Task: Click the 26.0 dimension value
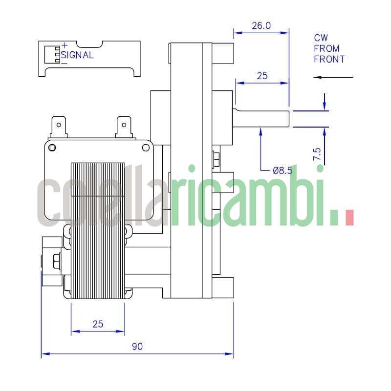point(261,26)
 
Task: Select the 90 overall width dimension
point(137,347)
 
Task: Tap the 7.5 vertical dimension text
point(317,154)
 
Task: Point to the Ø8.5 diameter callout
point(282,171)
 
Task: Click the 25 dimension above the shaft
point(262,76)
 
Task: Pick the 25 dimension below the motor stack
point(98,324)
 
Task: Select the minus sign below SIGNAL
point(64,63)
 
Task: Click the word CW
point(321,38)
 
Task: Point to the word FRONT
point(329,59)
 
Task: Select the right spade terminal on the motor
point(124,126)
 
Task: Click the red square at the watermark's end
point(349,217)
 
